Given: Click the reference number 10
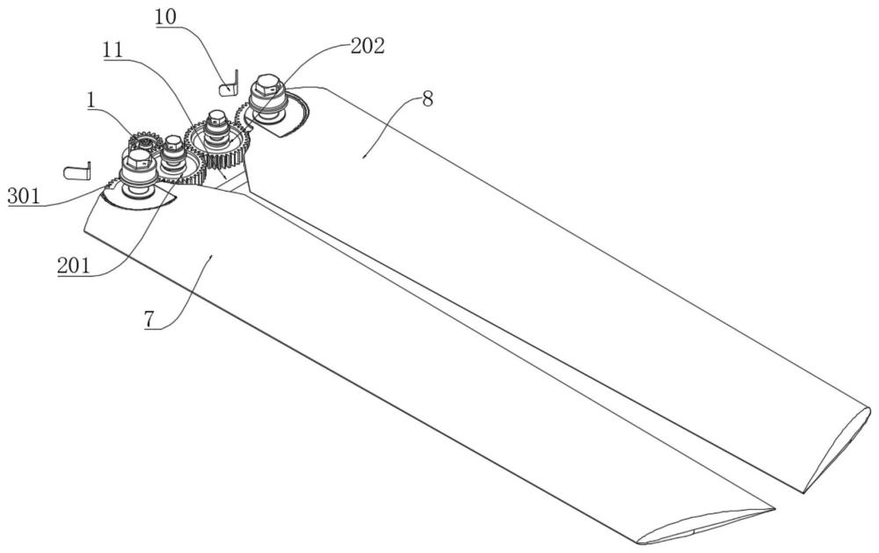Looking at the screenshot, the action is point(165,16).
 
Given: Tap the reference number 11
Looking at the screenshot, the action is point(113,50).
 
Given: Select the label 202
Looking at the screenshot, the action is point(367,46).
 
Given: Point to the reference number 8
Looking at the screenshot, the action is point(428,100).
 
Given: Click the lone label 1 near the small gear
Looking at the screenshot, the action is point(91,100).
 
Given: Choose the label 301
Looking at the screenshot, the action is point(24,196).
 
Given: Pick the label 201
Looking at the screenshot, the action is point(74,266).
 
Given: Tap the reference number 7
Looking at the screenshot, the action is point(149,319).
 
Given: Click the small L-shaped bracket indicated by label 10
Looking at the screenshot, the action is point(229,84).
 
